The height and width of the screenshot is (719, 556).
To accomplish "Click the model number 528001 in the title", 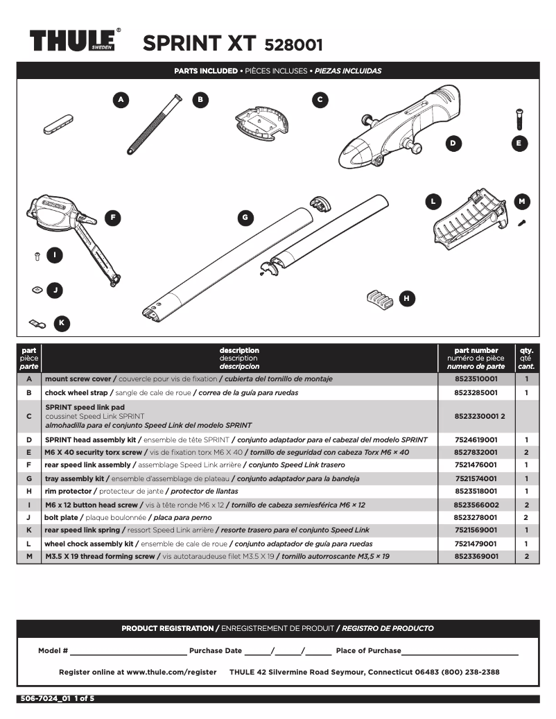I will [293, 45].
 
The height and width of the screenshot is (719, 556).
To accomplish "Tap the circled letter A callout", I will [121, 100].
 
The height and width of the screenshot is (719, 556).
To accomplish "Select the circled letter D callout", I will [453, 144].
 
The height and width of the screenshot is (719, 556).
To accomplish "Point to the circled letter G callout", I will [244, 218].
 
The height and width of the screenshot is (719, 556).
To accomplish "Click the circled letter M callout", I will [522, 202].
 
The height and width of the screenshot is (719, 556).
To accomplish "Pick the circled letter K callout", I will [61, 322].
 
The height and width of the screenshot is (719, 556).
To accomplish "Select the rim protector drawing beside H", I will [379, 297].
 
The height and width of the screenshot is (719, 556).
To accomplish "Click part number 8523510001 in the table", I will [476, 379].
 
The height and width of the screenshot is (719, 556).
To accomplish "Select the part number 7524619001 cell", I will [476, 440].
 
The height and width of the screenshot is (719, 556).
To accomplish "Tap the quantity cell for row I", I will [526, 505].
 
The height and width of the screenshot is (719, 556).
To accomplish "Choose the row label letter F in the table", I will [29, 465].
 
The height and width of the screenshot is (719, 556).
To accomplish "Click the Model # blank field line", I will [128, 651].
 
